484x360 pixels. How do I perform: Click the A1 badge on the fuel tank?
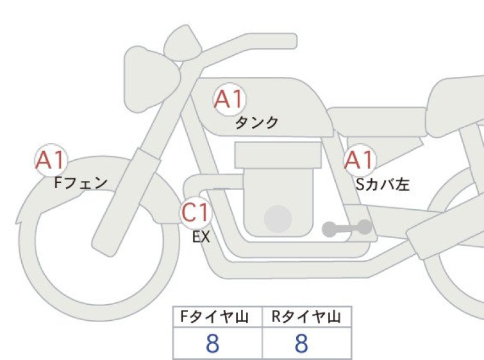229,99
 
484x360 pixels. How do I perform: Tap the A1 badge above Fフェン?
51,160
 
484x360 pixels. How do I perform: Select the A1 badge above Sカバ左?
360,160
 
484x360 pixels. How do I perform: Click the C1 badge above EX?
196,212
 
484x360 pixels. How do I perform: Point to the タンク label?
257,123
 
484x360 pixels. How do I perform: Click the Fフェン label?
81,183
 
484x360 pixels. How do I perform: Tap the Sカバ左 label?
383,184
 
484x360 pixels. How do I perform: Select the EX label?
201,237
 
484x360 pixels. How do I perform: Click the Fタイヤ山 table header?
214,317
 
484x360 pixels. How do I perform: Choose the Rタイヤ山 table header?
306,317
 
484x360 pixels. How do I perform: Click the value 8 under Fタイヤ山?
213,343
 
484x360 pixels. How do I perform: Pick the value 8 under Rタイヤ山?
301,343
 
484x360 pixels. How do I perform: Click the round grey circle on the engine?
278,219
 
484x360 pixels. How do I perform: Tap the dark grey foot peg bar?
347,228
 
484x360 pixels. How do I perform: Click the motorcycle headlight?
151,80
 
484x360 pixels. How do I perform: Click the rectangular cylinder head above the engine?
278,155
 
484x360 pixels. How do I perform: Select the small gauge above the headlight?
183,42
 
